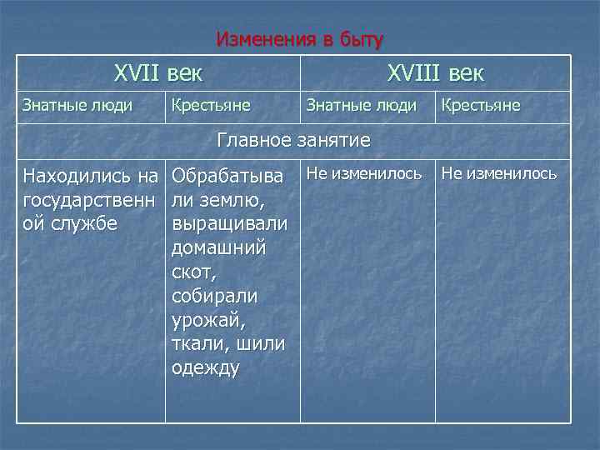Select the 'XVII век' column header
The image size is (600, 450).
(158, 72)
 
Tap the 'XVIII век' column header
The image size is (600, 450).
(435, 72)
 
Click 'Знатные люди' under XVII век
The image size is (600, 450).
(77, 106)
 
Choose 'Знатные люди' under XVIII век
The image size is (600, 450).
(362, 106)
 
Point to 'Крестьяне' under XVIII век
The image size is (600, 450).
(480, 106)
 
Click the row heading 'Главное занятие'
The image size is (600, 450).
(293, 140)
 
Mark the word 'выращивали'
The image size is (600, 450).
(229, 224)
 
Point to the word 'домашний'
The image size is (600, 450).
(218, 248)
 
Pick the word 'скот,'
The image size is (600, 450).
(192, 272)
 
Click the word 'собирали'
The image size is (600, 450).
(214, 297)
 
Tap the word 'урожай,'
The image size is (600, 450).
(207, 321)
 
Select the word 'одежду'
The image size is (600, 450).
(205, 368)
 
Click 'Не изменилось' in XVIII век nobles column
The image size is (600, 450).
(364, 174)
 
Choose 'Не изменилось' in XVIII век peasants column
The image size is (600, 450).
(498, 174)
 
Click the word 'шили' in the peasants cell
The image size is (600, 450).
(259, 344)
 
